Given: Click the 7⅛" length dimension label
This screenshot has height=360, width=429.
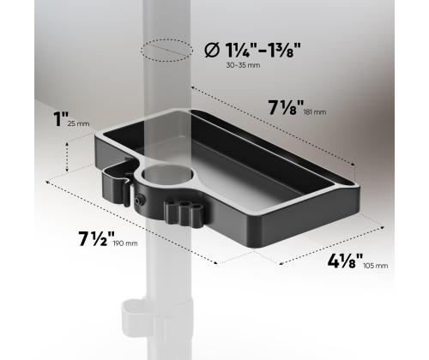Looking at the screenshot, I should tap(287, 110).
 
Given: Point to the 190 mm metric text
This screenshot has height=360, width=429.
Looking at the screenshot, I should tap(124, 243).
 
